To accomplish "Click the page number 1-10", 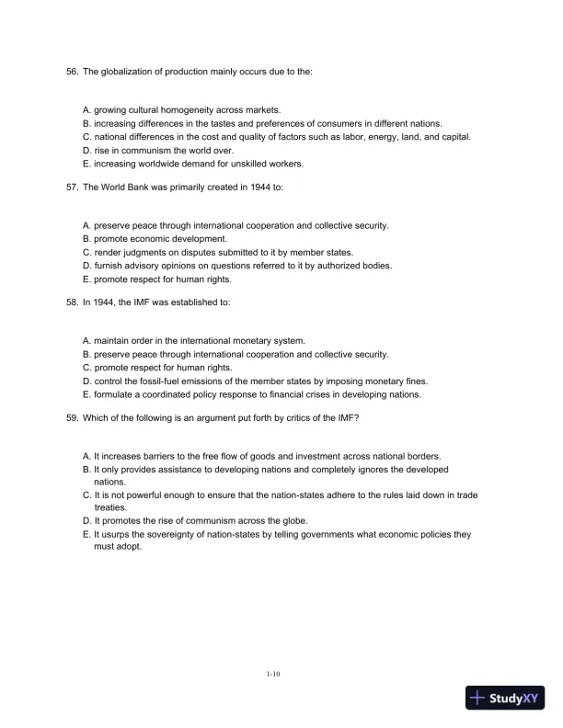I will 273,674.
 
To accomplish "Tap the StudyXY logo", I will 506,699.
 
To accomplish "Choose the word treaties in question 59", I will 111,507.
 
